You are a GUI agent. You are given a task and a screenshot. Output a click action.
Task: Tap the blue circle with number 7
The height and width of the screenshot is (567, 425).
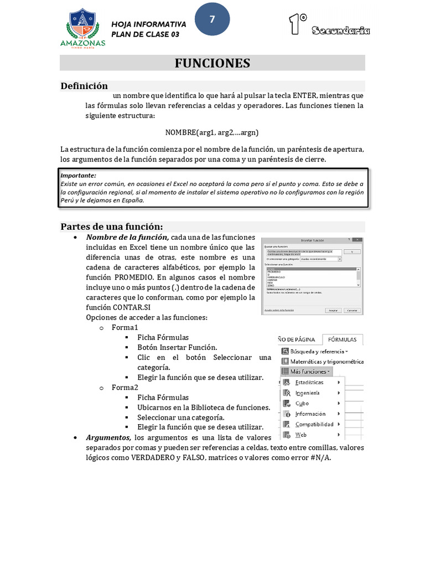tap(212, 19)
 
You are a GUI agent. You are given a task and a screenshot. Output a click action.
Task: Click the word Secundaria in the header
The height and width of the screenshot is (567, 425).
tap(340, 30)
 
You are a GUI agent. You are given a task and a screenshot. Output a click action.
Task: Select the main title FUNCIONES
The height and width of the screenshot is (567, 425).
tap(212, 63)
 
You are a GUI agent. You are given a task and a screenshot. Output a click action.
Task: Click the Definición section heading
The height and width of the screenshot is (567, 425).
tap(84, 86)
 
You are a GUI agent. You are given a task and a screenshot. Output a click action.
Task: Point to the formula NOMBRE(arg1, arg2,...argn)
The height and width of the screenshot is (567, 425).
tap(212, 132)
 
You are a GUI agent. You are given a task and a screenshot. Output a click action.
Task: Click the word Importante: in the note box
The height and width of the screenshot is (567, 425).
tap(78, 175)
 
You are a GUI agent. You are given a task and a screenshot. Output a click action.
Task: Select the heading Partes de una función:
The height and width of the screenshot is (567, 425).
tap(112, 226)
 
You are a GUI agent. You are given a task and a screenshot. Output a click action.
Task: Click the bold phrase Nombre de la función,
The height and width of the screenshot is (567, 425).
tap(127, 237)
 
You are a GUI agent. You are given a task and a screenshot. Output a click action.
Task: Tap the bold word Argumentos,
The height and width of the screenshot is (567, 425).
tap(108, 437)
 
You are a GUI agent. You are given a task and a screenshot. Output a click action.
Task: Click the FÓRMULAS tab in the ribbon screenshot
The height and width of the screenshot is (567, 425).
tap(343, 339)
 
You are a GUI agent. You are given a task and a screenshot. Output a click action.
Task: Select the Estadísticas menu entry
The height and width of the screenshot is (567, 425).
tap(309, 382)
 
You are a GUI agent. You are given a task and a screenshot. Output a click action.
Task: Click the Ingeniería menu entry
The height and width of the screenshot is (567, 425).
tap(307, 393)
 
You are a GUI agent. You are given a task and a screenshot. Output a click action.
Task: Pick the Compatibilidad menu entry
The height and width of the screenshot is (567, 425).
tap(314, 424)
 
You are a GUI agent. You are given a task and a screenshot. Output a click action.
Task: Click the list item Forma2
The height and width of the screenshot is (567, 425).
tap(125, 388)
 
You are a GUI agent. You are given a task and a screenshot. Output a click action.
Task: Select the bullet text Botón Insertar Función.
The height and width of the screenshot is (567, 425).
tap(177, 347)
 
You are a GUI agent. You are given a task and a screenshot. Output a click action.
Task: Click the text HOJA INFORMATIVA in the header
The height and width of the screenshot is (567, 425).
tap(149, 24)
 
